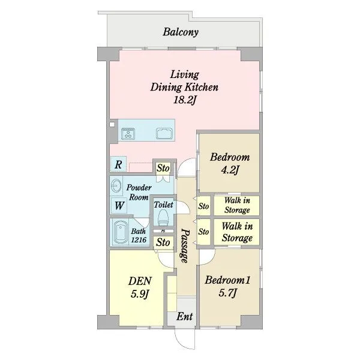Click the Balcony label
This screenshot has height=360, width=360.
pos(181,32)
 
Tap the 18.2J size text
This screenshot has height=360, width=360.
pos(185,100)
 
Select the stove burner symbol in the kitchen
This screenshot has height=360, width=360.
pos(128,133)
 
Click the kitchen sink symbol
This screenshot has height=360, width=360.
pos(164,133)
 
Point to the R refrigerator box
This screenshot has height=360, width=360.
pos(118,164)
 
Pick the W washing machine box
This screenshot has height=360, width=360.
pos(119,205)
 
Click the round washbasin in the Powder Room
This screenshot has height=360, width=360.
pos(116,185)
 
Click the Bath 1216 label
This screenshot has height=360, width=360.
pos(139,235)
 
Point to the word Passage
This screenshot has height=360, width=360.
pos(185,245)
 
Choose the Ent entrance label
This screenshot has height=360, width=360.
pos(185,317)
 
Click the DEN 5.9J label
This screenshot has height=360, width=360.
pos(140,287)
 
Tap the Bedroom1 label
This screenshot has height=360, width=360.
pos(227,280)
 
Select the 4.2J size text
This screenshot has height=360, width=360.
pos(230,170)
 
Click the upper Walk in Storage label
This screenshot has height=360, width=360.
pos(237,205)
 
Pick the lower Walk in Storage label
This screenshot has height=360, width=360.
pos(237,232)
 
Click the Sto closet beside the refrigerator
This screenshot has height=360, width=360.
pos(163,168)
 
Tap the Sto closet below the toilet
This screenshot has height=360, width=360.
pos(163,242)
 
